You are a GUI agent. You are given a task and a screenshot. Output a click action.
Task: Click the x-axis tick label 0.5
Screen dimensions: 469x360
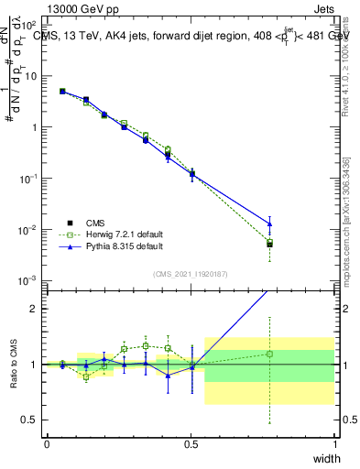(x=191, y=444)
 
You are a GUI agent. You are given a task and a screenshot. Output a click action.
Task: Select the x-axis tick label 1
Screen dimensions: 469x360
(x=334, y=444)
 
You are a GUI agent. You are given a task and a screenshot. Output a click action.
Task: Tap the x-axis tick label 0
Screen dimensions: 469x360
(x=47, y=444)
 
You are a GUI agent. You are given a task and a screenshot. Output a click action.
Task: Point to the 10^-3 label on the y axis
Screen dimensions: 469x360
(x=28, y=280)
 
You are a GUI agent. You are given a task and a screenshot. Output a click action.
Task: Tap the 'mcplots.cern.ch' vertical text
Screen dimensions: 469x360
(x=345, y=229)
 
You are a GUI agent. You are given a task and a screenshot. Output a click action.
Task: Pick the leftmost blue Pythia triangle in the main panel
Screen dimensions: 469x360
(x=62, y=92)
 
